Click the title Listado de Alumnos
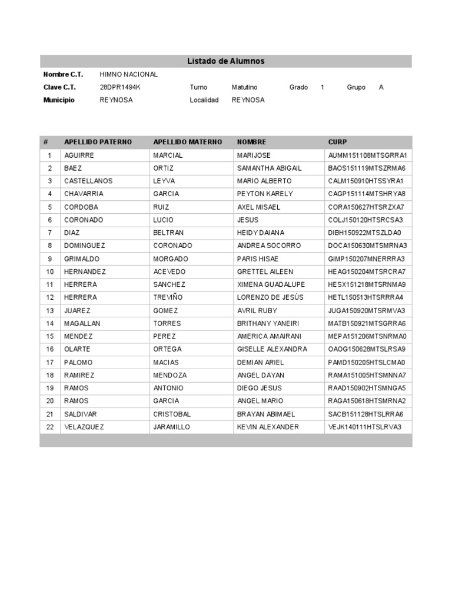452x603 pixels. click(226, 61)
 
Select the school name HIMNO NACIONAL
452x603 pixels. click(129, 75)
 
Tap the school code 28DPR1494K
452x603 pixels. click(121, 87)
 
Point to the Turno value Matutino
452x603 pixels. click(244, 87)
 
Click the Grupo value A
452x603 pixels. click(381, 87)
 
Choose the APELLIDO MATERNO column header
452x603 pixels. click(188, 142)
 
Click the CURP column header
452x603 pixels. click(338, 142)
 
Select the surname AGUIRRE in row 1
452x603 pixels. click(79, 155)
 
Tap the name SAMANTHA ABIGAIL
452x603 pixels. click(269, 168)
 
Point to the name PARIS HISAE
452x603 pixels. click(258, 259)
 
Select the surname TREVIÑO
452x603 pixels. click(168, 297)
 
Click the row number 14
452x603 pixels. click(50, 323)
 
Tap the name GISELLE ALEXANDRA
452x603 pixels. click(272, 349)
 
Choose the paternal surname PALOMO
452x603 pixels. click(78, 362)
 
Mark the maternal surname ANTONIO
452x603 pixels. click(168, 388)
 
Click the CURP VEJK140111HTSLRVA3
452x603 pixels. click(365, 427)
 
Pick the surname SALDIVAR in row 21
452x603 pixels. click(80, 414)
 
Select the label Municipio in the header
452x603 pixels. click(59, 100)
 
